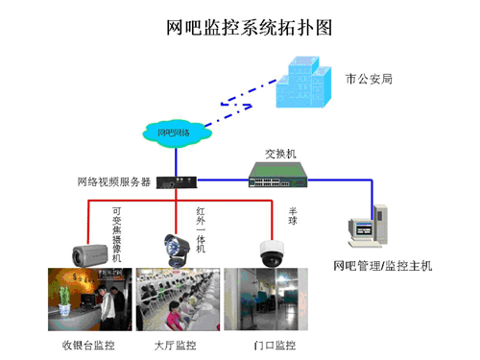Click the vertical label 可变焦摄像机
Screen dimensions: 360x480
tap(116, 234)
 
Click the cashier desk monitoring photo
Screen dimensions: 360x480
tap(88, 300)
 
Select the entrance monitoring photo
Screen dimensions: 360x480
tap(260, 300)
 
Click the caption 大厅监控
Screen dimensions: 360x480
tap(175, 344)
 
